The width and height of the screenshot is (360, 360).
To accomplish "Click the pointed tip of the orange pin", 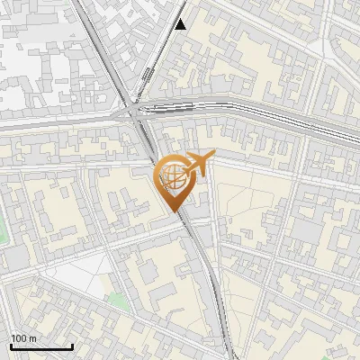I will coord(172,211).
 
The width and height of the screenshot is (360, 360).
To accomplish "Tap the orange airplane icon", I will coord(197,163).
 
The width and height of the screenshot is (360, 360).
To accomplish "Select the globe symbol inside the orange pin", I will coord(171,176).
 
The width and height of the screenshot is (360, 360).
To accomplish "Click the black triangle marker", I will coord(181,24).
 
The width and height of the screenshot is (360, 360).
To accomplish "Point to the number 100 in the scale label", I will coord(18,338).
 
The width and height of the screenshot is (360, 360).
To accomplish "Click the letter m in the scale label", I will coord(32,338).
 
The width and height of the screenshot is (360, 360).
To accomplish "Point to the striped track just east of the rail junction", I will coord(171,107).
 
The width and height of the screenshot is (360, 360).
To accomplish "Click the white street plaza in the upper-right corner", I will coord(346,36).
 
